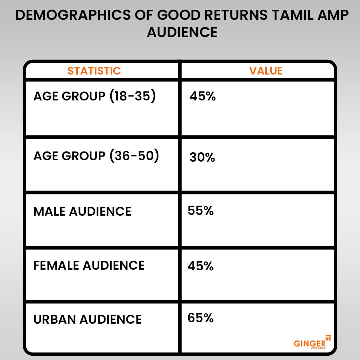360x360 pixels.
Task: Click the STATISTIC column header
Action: [94, 71]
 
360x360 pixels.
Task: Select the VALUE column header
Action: [266, 71]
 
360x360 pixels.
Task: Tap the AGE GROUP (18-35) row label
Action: [94, 97]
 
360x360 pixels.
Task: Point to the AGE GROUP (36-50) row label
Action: [96, 156]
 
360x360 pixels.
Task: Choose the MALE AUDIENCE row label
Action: [82, 211]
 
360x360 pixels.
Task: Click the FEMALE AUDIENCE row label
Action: [89, 265]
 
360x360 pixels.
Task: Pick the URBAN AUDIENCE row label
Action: [87, 319]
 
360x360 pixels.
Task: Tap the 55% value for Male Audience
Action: [201, 211]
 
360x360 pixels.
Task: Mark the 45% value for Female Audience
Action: [201, 266]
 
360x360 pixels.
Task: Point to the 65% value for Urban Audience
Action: [201, 318]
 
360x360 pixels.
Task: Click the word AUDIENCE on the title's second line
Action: [182, 32]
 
